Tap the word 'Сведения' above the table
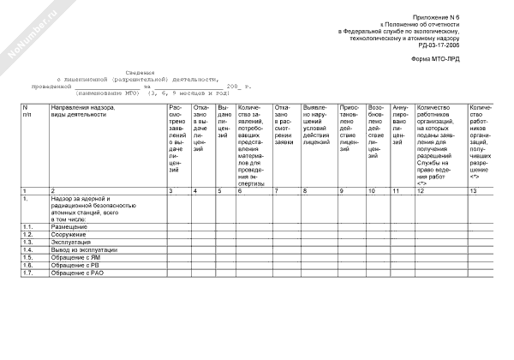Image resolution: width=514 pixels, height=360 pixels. click(x=140, y=73)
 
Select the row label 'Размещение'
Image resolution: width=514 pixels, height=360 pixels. click(x=69, y=226)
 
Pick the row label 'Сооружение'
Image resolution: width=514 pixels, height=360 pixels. click(x=69, y=234)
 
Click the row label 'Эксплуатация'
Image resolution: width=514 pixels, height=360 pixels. click(x=71, y=242)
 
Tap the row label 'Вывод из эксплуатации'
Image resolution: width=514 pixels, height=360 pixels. click(x=82, y=249)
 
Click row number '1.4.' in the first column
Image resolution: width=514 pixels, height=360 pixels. click(x=28, y=249)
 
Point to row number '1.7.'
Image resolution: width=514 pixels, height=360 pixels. click(x=28, y=273)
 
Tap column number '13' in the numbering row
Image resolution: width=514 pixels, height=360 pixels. click(x=473, y=189)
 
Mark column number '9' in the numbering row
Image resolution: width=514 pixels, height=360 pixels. click(x=342, y=189)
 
